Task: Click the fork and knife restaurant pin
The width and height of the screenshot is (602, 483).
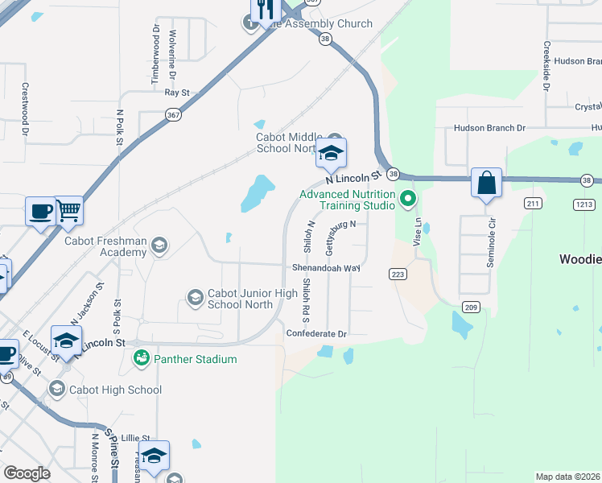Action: (264, 10)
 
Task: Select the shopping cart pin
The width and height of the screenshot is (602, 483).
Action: (68, 210)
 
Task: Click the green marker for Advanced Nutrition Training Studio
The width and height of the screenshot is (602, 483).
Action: (408, 198)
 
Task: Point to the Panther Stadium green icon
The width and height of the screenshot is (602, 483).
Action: (142, 358)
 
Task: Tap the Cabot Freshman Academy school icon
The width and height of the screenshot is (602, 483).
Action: (159, 245)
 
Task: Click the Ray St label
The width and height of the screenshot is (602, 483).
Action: (176, 93)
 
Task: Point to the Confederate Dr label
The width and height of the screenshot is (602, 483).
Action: (316, 333)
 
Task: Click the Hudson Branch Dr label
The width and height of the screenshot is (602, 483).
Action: (489, 128)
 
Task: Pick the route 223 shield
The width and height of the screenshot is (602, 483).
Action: (398, 274)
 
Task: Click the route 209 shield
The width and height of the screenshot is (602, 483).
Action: (471, 307)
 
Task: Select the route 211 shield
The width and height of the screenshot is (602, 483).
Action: (533, 204)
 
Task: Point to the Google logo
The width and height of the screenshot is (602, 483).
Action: (27, 473)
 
